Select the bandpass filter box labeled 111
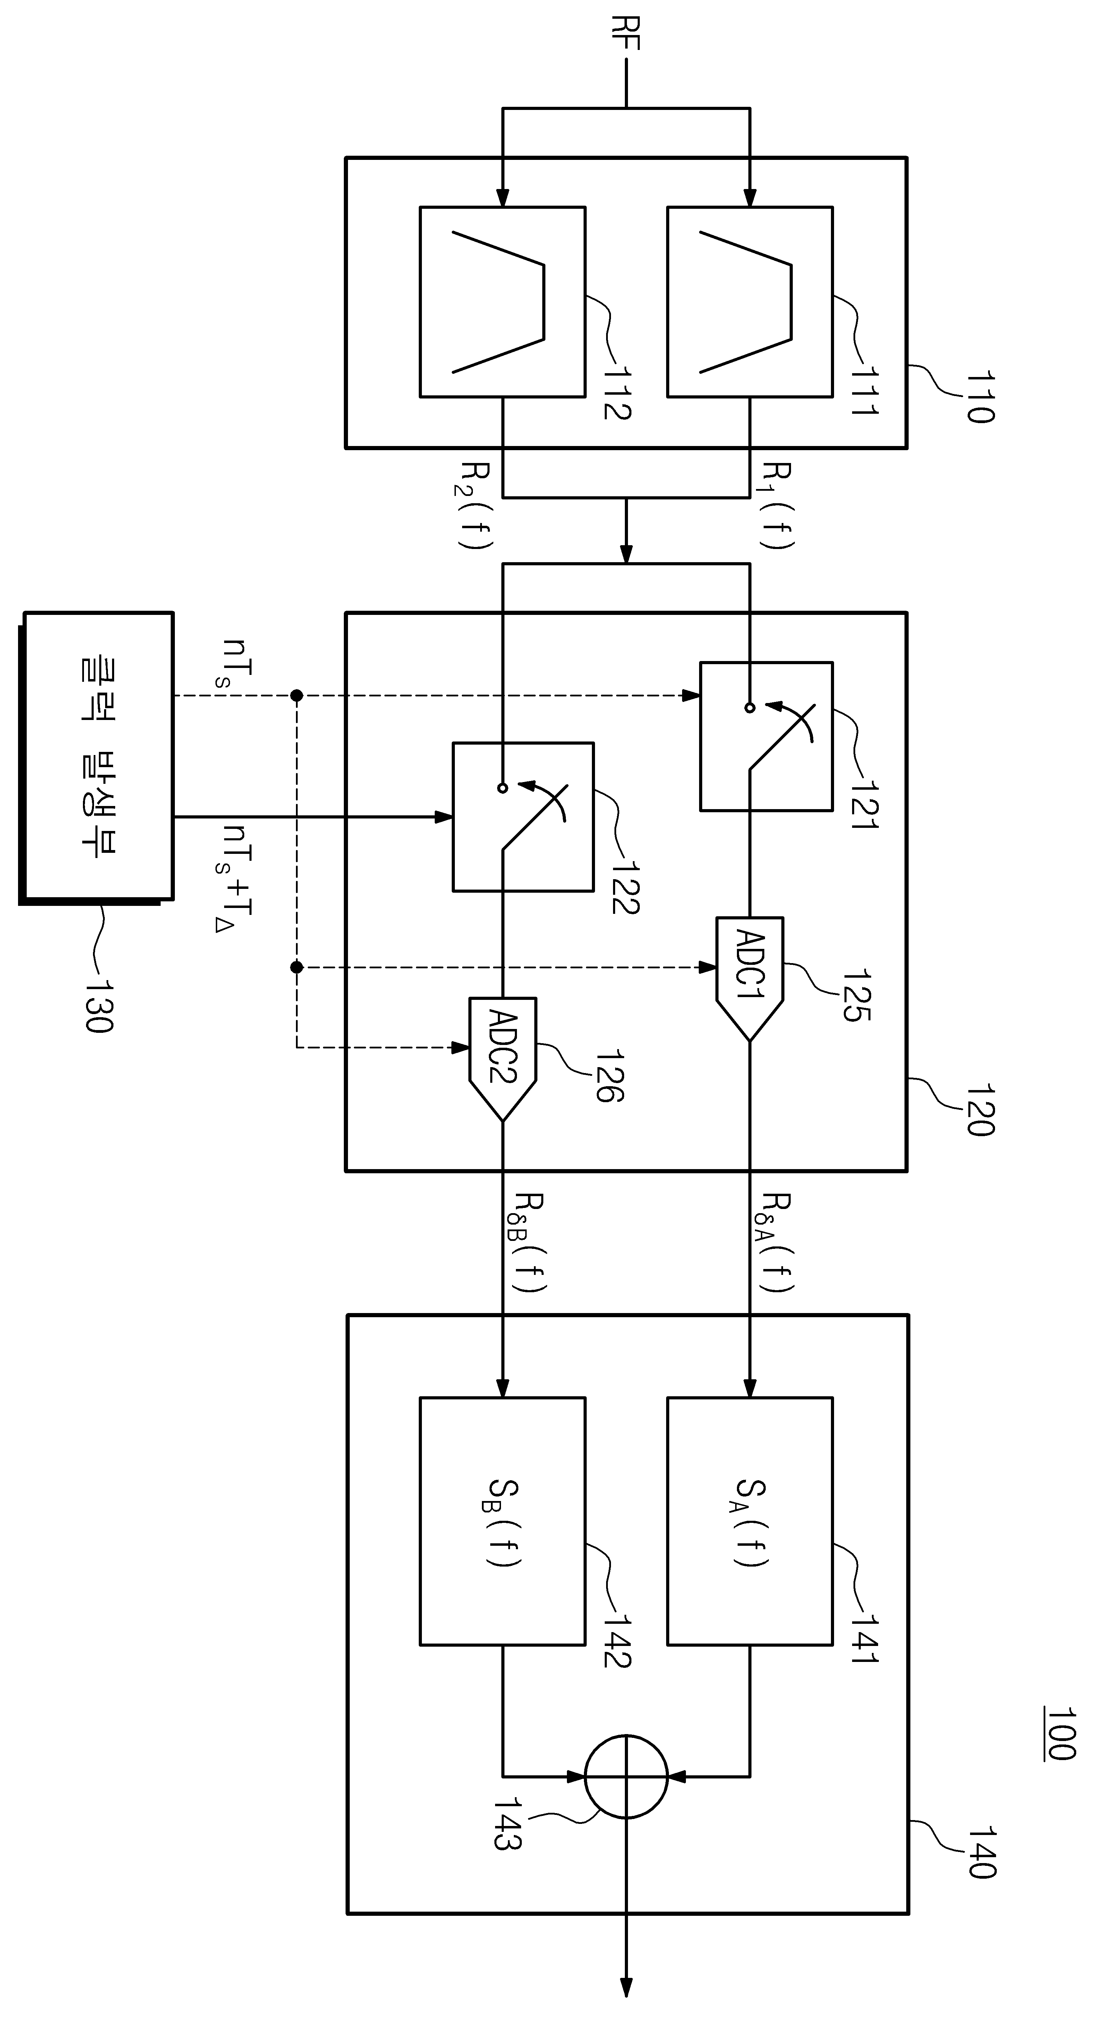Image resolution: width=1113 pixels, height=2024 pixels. pos(750,302)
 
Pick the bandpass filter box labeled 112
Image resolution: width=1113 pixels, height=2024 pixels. pos(502,302)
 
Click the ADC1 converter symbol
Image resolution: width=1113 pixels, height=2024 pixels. pos(750,978)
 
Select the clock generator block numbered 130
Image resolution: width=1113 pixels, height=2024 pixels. pos(96,758)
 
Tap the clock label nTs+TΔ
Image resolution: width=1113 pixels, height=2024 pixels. pos(237,878)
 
